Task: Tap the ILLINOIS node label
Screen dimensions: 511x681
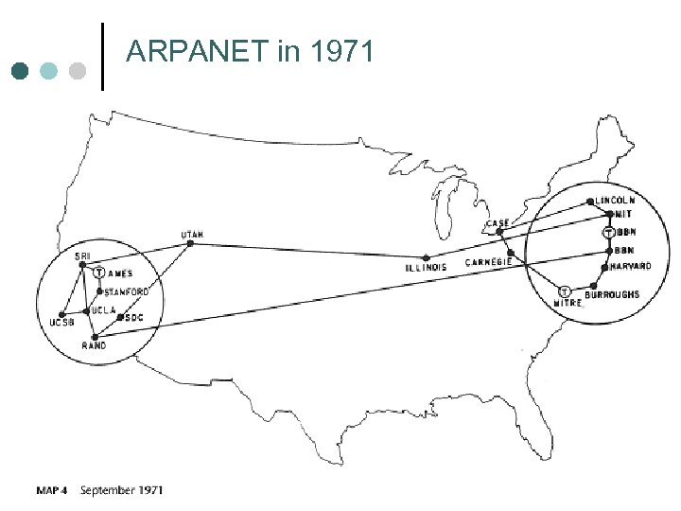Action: point(426,268)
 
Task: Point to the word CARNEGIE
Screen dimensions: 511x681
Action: point(490,261)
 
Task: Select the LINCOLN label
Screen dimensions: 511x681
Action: point(616,201)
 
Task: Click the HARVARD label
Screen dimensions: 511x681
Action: point(630,267)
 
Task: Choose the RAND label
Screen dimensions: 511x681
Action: point(94,346)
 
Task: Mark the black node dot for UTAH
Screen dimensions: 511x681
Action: point(191,243)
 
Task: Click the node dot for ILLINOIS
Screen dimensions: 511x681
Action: point(426,257)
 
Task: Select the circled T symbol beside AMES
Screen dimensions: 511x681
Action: point(100,273)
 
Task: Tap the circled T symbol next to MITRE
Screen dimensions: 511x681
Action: point(564,291)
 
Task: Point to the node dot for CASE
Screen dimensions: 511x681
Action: point(500,232)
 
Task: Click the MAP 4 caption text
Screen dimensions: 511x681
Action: point(51,490)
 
